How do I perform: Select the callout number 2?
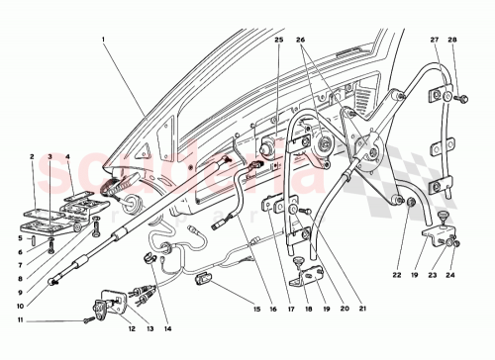[32, 156]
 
